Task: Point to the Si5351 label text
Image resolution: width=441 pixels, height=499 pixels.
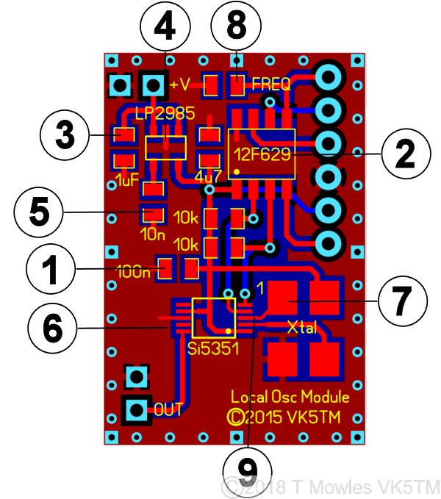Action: [214, 348]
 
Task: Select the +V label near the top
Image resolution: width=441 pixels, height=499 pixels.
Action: [180, 85]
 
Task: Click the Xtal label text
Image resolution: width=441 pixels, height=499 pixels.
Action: [302, 328]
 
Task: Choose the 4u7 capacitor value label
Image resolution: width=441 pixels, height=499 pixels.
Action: [204, 178]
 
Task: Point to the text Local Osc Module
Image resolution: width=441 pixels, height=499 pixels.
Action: [290, 397]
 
